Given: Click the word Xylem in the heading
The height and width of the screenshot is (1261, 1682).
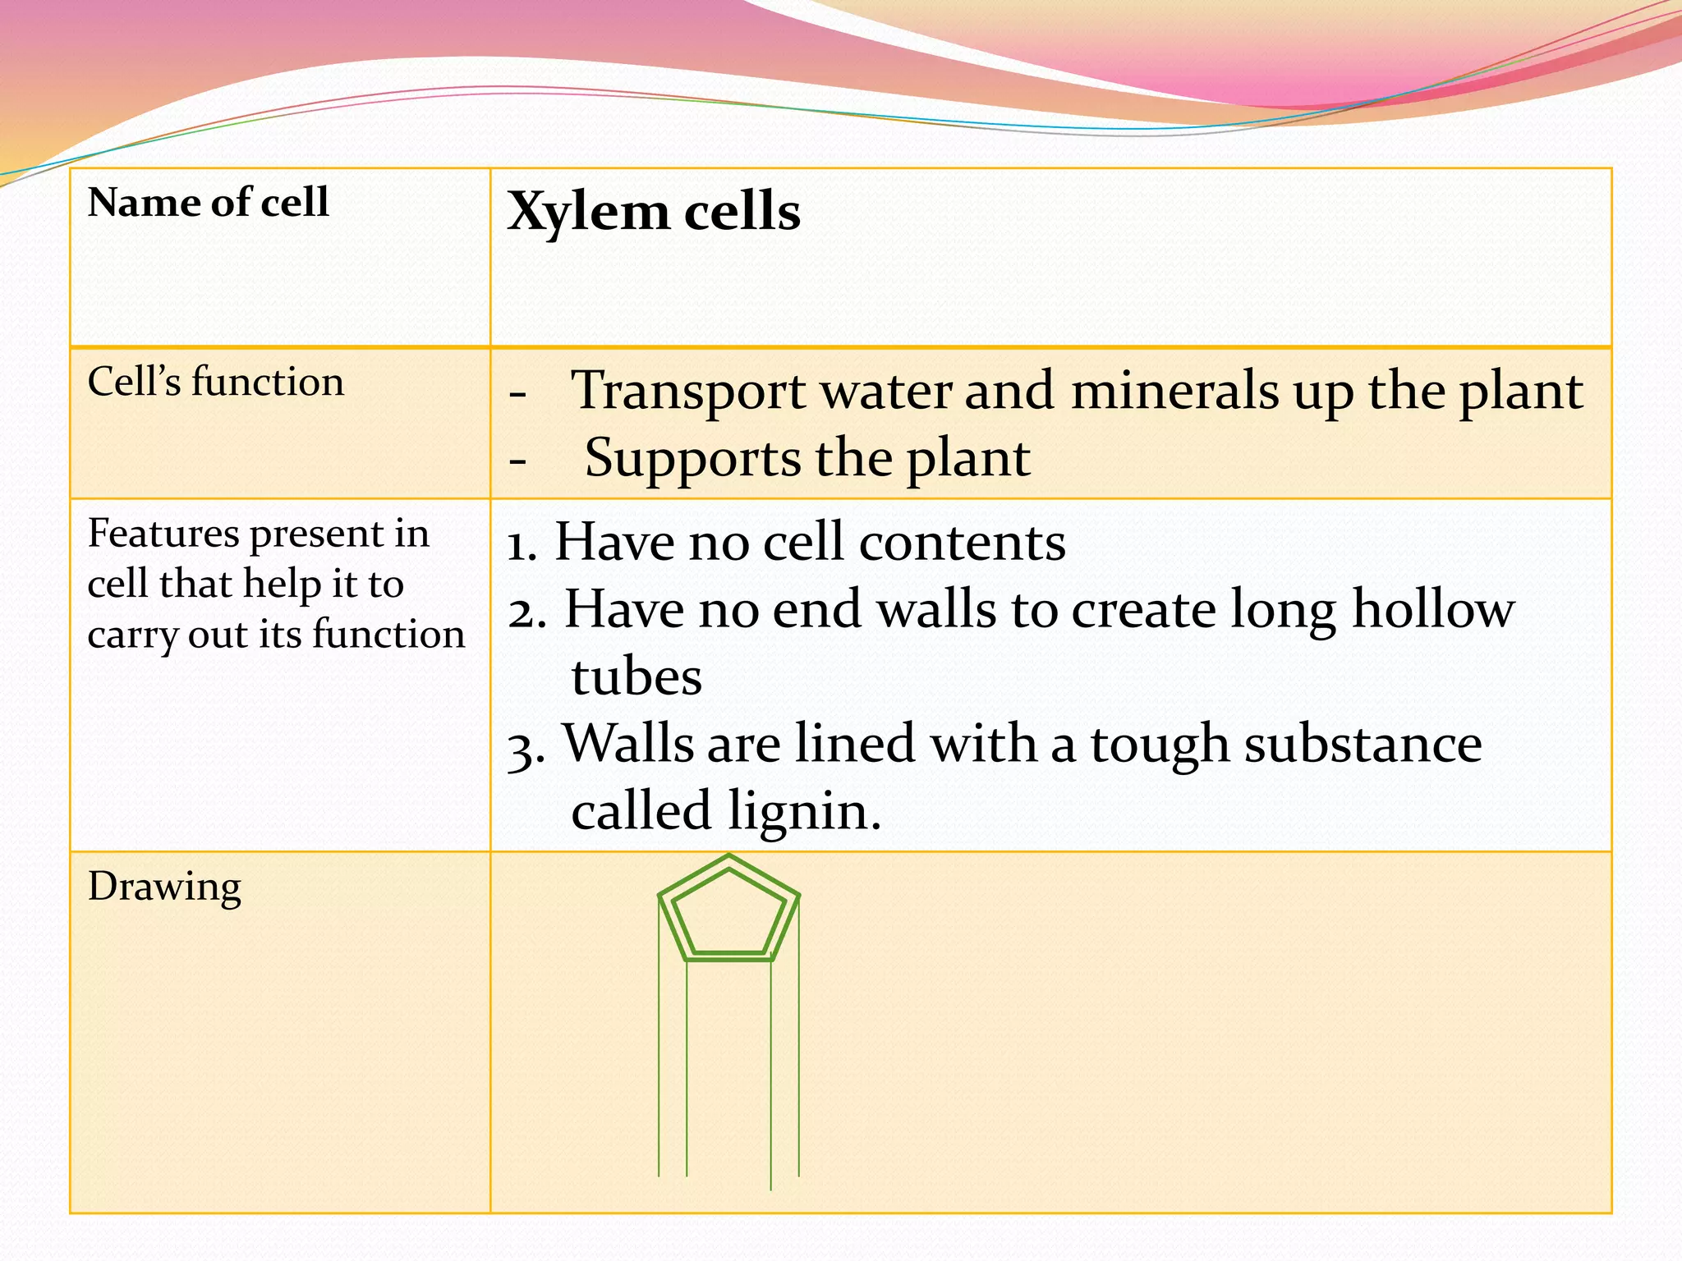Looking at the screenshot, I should click(x=587, y=212).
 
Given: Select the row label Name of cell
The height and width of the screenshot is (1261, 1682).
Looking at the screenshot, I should click(x=208, y=202).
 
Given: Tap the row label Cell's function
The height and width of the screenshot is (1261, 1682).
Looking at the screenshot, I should click(x=215, y=382).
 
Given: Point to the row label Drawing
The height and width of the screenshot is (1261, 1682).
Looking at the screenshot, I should click(x=164, y=887).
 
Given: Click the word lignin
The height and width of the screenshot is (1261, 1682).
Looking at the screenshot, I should click(x=804, y=811).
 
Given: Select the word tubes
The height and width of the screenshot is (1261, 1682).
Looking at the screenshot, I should click(x=636, y=677).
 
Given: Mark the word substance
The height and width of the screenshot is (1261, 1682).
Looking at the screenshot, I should click(x=1363, y=744).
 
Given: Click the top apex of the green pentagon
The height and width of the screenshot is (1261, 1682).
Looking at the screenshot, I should click(x=728, y=856).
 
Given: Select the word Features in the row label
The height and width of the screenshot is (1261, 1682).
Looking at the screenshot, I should click(x=163, y=534).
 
